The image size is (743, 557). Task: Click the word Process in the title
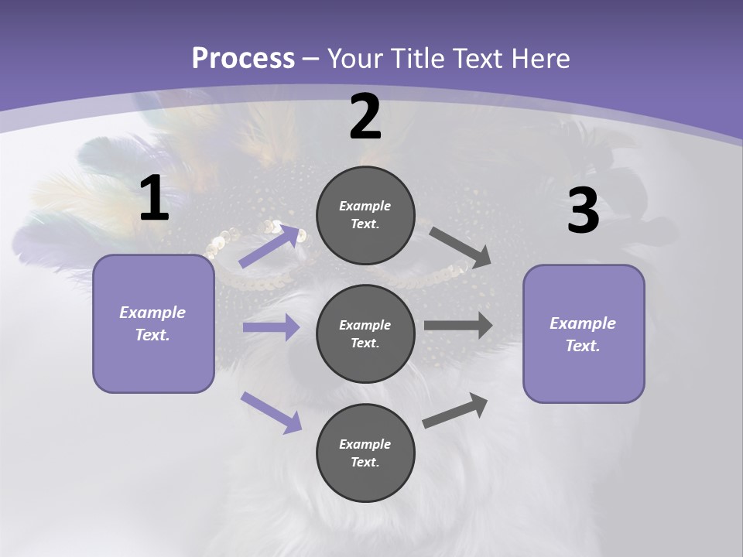click(243, 58)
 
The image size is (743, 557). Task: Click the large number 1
click(154, 198)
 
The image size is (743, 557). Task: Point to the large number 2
click(365, 117)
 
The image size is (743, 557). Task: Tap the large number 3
click(583, 210)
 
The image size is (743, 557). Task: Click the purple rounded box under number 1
click(153, 323)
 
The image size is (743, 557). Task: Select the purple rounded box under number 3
click(584, 334)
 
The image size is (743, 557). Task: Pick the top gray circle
click(365, 214)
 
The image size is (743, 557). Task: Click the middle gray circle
click(365, 333)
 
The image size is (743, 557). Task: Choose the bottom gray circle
click(365, 453)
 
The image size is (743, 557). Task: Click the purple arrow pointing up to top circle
click(270, 247)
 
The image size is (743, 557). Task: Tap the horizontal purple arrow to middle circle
click(271, 327)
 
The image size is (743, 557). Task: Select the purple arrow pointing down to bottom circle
click(271, 412)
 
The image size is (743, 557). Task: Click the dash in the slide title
click(311, 59)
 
